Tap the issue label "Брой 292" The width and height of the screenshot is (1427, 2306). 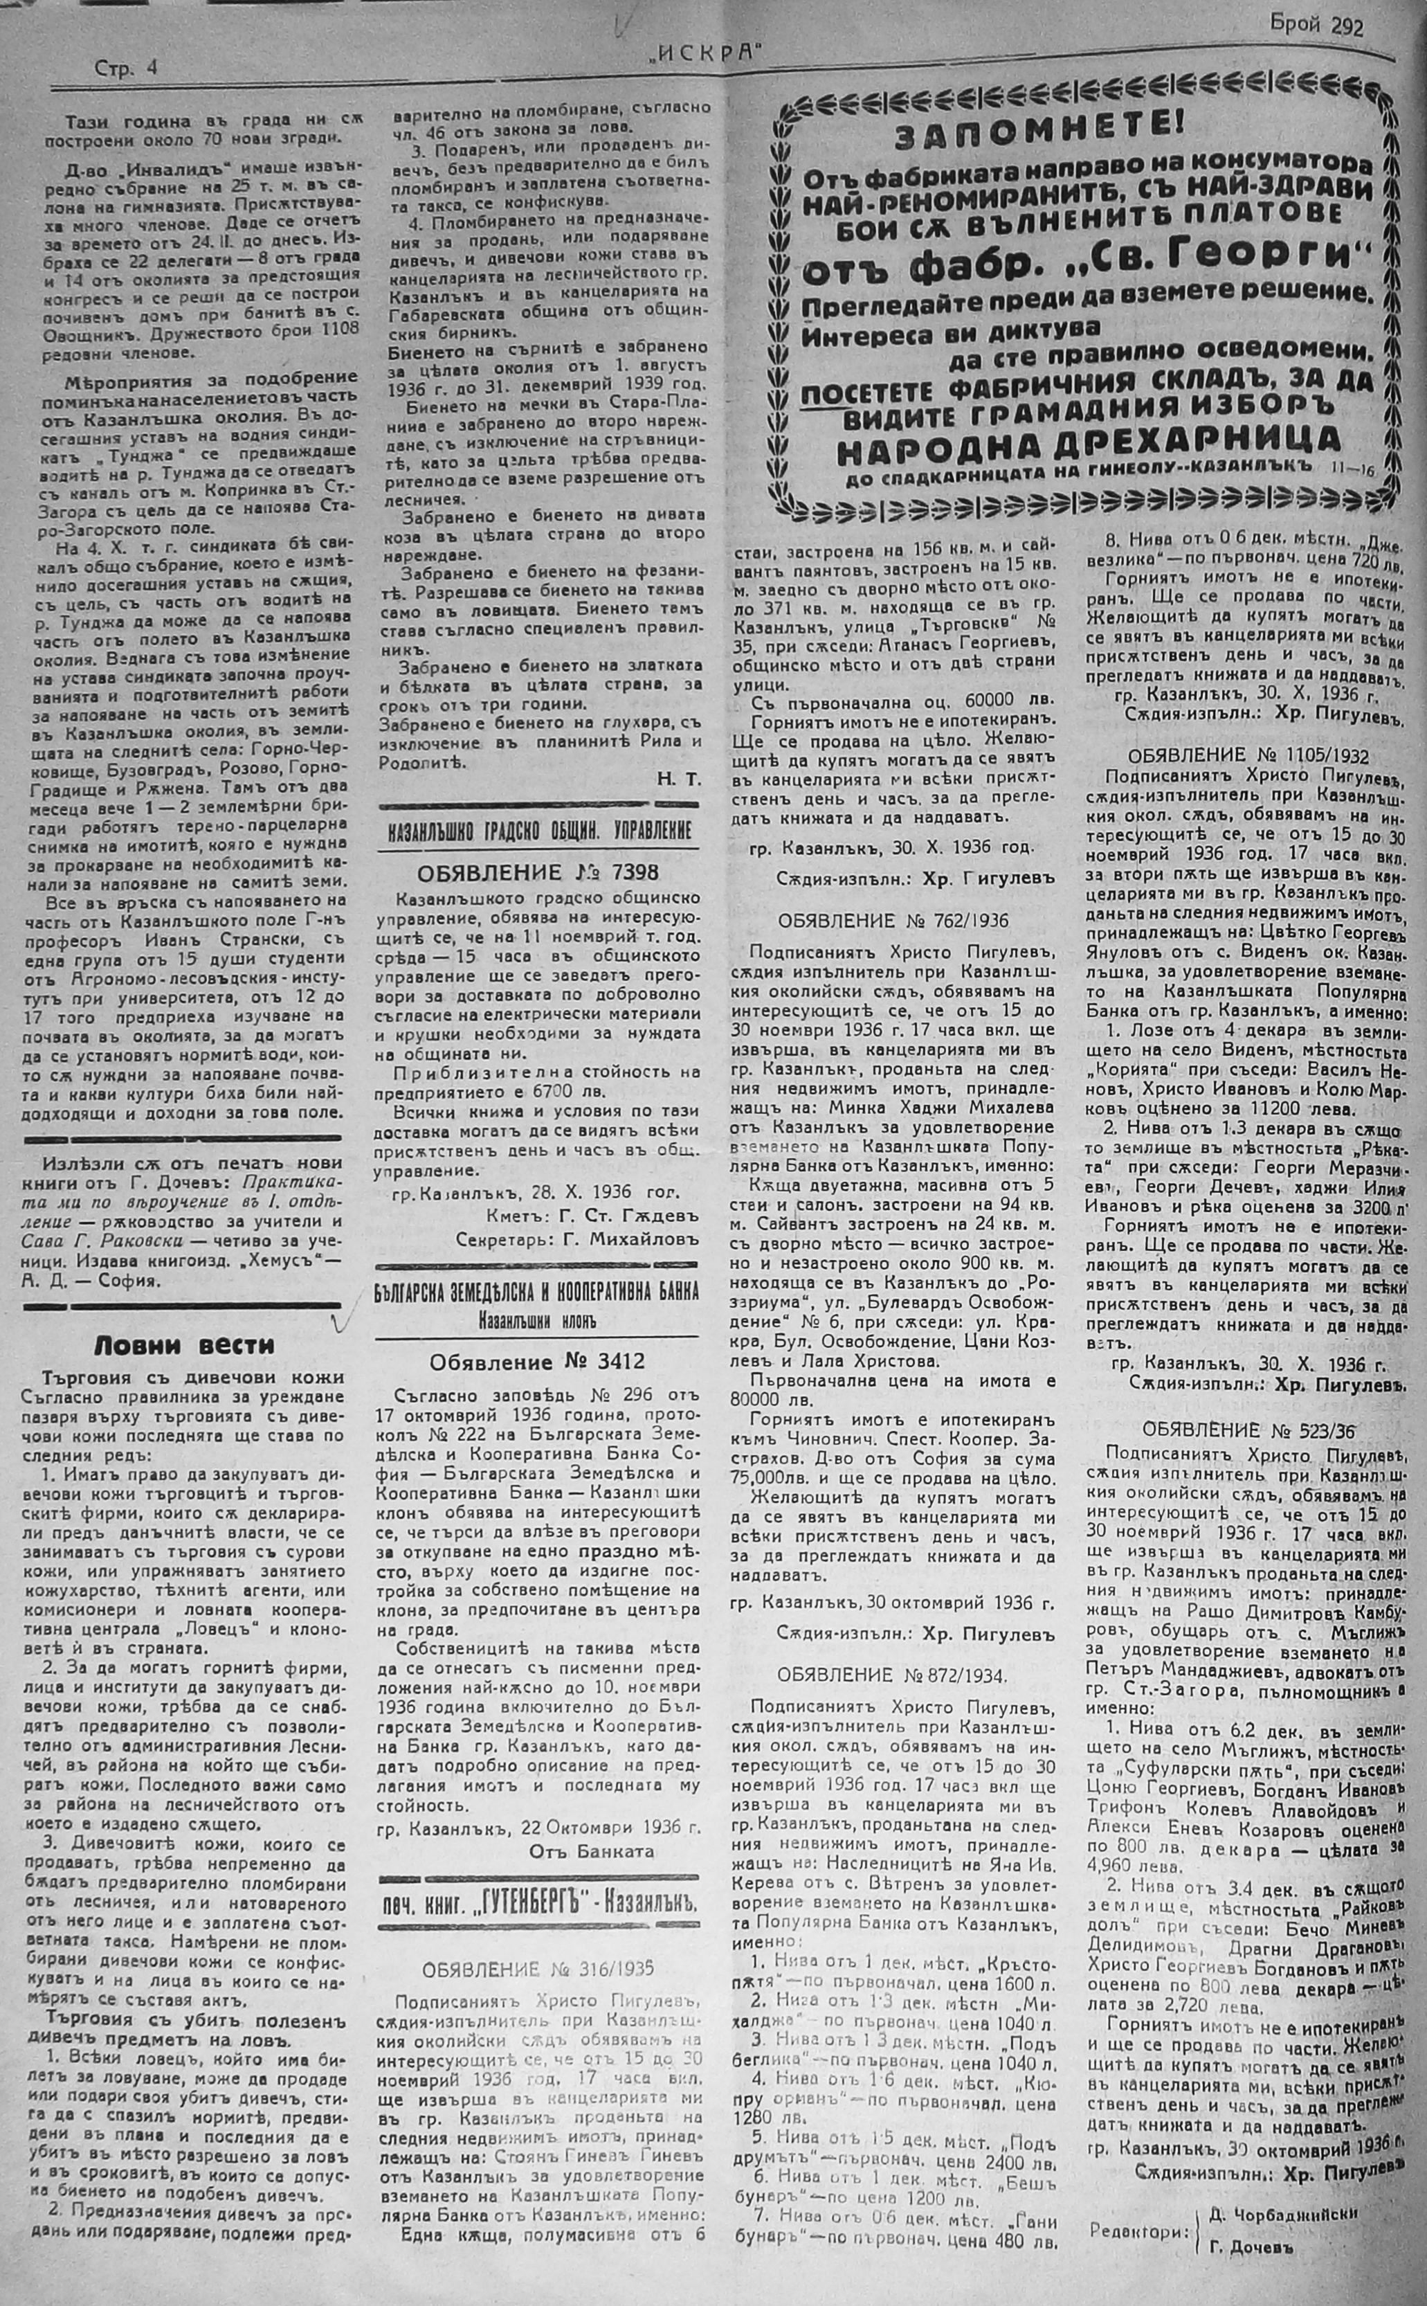click(x=1316, y=28)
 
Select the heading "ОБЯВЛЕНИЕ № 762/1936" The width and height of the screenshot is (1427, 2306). click(x=893, y=919)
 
